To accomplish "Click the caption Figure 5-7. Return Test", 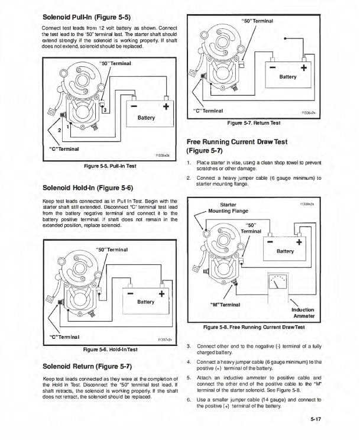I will (x=254, y=122).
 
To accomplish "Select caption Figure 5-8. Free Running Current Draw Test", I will (x=254, y=327).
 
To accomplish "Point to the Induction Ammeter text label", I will (x=303, y=313).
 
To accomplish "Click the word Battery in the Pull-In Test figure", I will (x=146, y=117).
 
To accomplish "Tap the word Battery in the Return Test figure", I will (x=288, y=77).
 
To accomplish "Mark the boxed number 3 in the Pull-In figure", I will (x=105, y=109).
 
